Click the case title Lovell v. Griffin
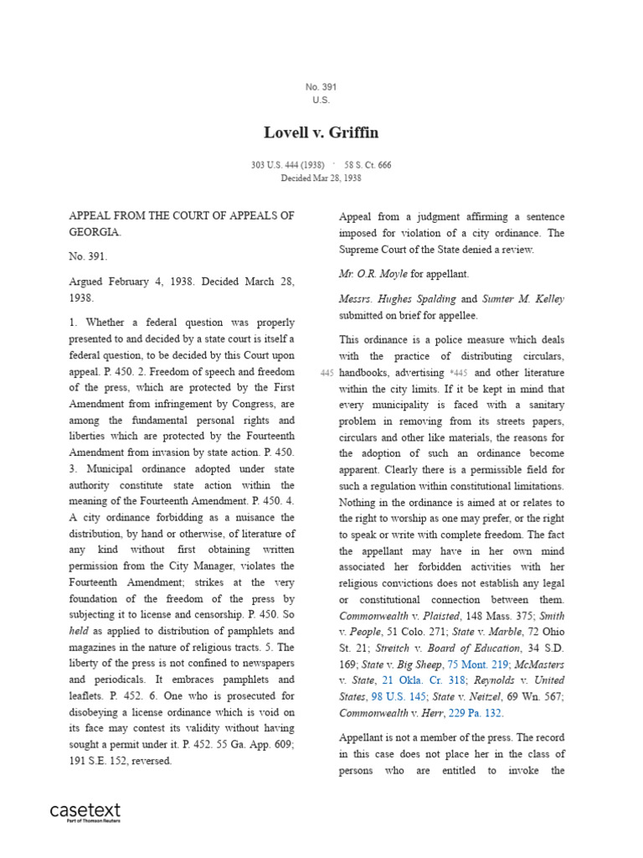[x=321, y=132]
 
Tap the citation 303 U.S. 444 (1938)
[x=284, y=165]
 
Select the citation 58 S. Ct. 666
[x=368, y=165]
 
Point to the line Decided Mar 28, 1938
[x=321, y=178]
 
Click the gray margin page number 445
[x=327, y=373]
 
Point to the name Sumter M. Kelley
[x=523, y=299]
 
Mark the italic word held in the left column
[x=79, y=631]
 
